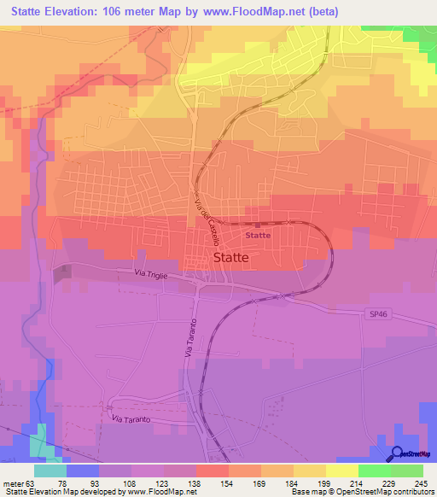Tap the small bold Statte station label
pos(258,235)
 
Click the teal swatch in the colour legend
pos(50,470)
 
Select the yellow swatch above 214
pos(341,470)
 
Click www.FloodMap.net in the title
pos(265,12)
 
